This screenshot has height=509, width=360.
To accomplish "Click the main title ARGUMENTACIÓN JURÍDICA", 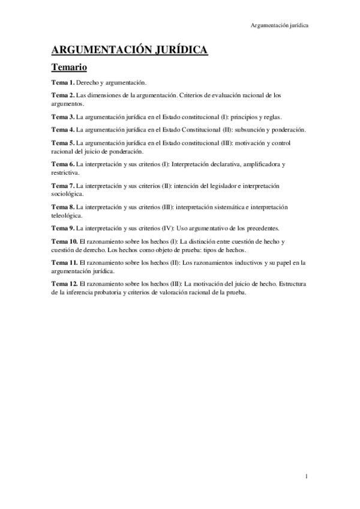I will pyautogui.click(x=129, y=50).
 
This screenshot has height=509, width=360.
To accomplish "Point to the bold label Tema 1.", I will pyautogui.click(x=63, y=82).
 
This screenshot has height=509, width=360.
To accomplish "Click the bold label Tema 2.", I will pyautogui.click(x=63, y=95).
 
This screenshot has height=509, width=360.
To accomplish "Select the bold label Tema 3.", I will pyautogui.click(x=63, y=116).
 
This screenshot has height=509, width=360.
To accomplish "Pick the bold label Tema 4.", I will pyautogui.click(x=63, y=130).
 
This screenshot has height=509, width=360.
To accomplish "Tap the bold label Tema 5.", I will pyautogui.click(x=63, y=143).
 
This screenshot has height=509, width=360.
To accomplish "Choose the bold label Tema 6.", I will pyautogui.click(x=63, y=164).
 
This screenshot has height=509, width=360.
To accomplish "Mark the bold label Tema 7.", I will pyautogui.click(x=63, y=186).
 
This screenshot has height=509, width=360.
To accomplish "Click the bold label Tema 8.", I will pyautogui.click(x=63, y=207).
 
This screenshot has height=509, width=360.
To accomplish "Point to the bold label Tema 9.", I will pyautogui.click(x=63, y=228).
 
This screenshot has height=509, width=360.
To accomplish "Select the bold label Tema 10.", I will pyautogui.click(x=65, y=241).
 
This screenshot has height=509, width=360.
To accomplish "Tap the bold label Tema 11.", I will pyautogui.click(x=65, y=263).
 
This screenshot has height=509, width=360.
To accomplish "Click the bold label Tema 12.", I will pyautogui.click(x=65, y=284).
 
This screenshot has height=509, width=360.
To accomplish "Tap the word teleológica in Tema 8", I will pyautogui.click(x=67, y=215).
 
